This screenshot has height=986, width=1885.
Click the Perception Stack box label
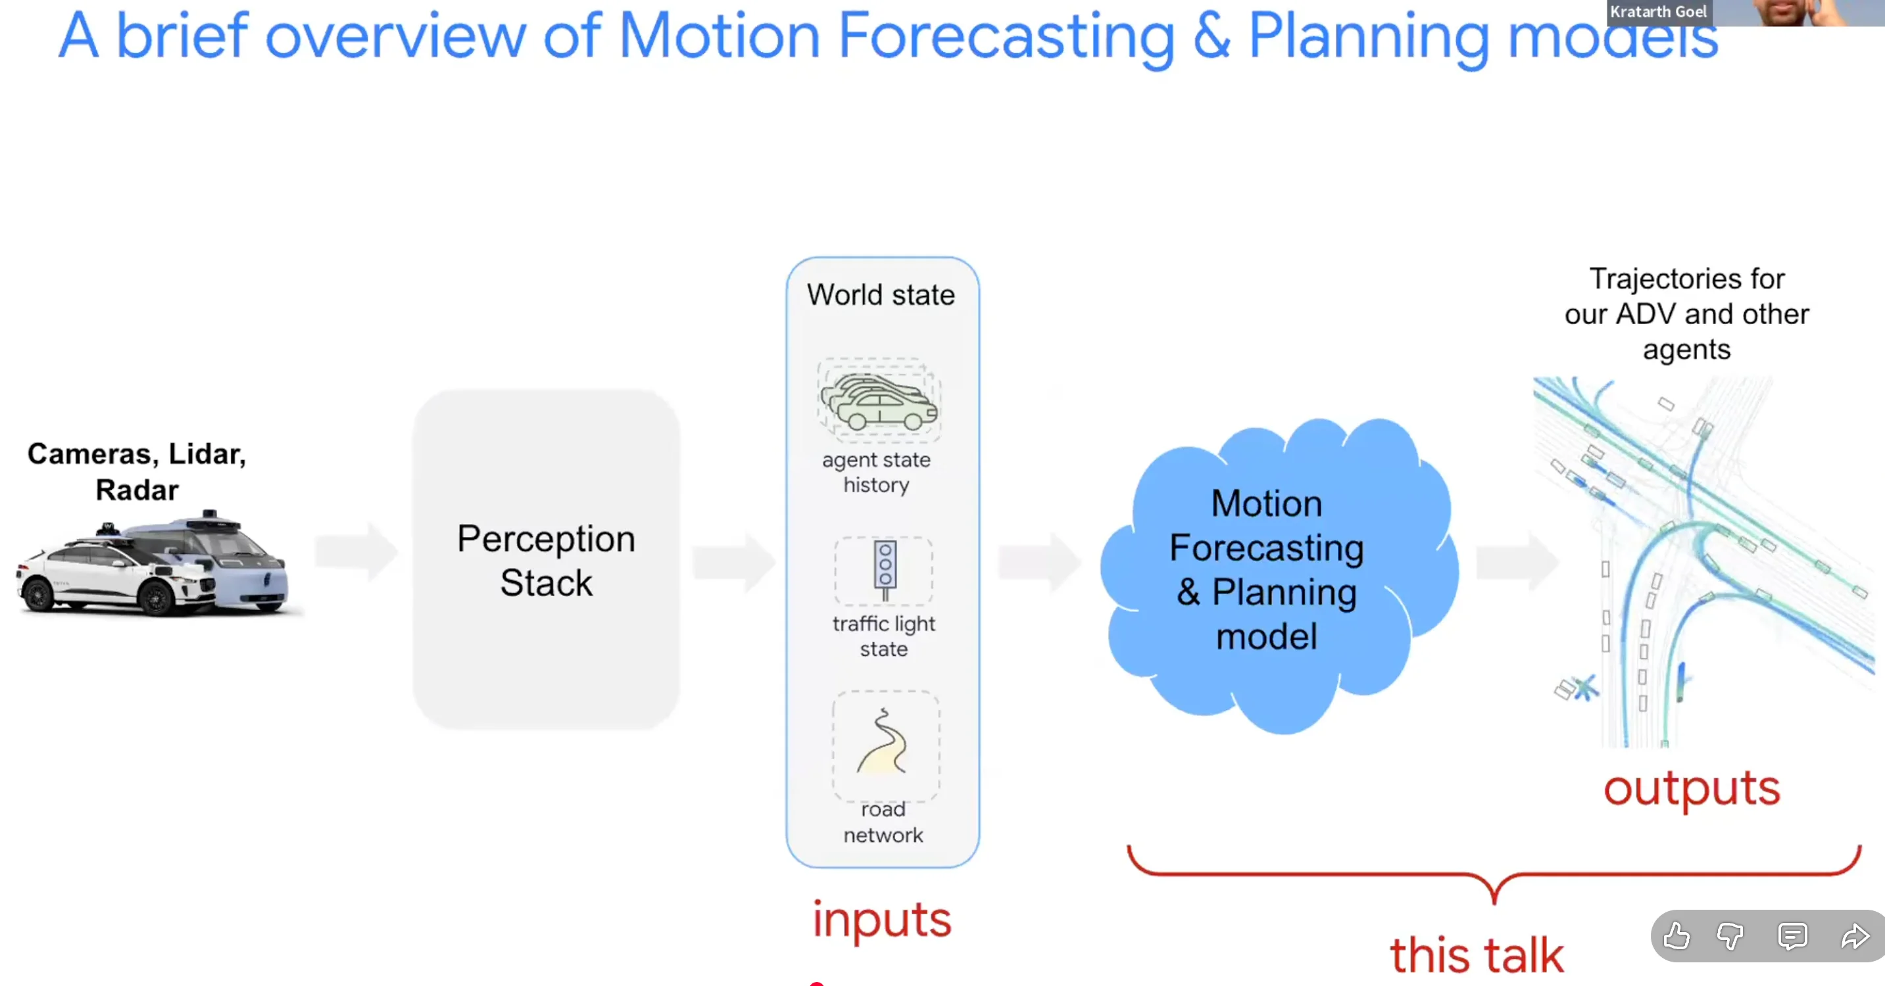coord(546,560)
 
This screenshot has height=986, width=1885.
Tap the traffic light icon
coord(885,570)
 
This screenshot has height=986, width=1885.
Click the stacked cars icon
coord(879,401)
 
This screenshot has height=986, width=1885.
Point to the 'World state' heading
coord(881,294)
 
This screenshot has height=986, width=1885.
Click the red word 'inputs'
coord(882,920)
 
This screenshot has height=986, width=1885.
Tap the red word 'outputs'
coord(1691,789)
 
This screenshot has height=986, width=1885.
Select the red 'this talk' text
coord(1477,954)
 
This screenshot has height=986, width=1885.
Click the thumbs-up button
coord(1677,935)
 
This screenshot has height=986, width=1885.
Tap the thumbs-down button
coord(1730,935)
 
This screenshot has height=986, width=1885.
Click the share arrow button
coord(1854,935)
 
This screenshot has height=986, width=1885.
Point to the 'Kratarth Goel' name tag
coord(1658,12)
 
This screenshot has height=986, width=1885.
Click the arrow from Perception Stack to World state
coord(733,562)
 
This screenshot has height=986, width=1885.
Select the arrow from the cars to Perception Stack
coord(356,552)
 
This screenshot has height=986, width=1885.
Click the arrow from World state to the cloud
coord(1039,562)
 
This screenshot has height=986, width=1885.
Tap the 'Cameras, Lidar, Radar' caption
coord(137,471)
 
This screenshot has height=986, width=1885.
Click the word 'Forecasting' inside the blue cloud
coord(1266,548)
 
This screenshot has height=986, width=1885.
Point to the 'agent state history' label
coord(876,472)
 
